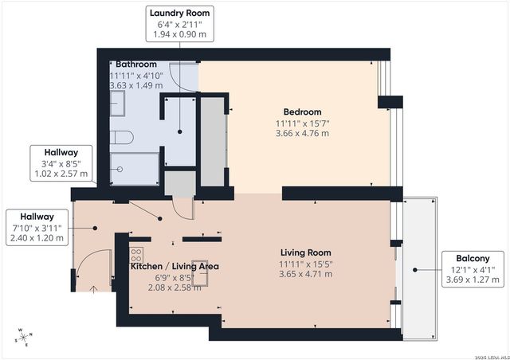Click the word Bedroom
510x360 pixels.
click(x=302, y=112)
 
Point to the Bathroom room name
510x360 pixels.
click(x=135, y=63)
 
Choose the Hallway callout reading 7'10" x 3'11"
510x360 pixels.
click(x=37, y=227)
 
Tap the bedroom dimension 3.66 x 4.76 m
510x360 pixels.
click(x=302, y=133)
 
